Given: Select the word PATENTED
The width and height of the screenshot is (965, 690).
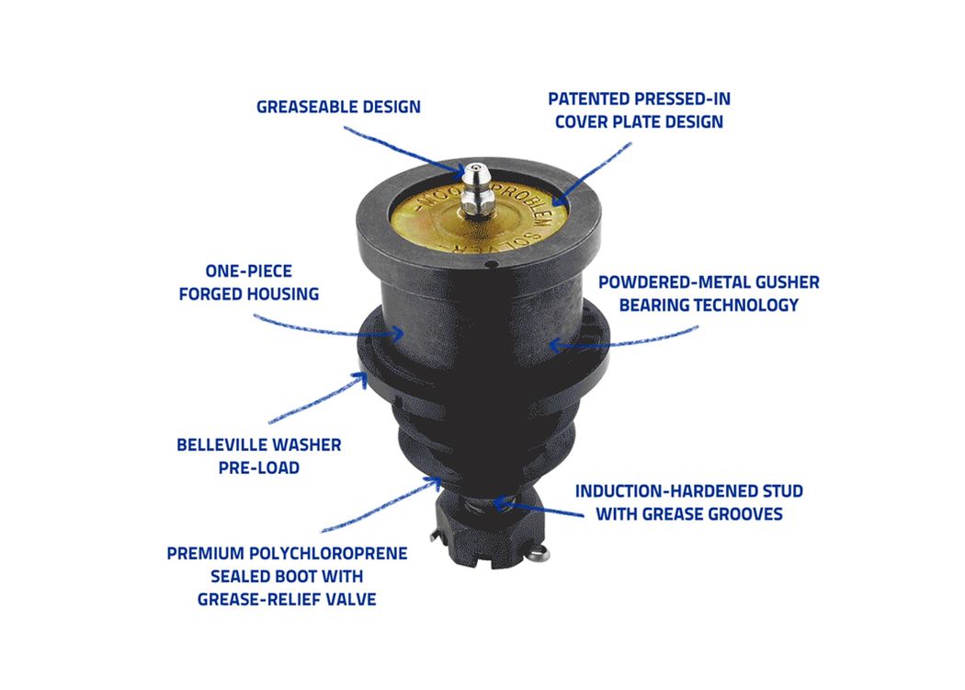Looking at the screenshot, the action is pyautogui.click(x=589, y=99).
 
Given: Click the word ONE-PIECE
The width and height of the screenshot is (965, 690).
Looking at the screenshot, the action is pyautogui.click(x=249, y=271).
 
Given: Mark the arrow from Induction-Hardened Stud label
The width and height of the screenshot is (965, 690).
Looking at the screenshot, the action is pyautogui.click(x=538, y=509).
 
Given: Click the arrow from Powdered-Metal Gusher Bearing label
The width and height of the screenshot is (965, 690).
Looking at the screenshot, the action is pyautogui.click(x=623, y=340).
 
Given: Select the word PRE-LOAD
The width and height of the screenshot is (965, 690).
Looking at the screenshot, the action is pyautogui.click(x=259, y=468).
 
